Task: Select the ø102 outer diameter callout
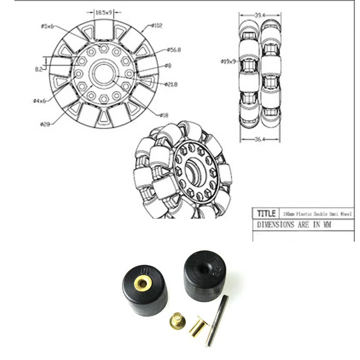pos(157,26)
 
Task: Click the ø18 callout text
pos(164,115)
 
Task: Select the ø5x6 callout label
pos(47,27)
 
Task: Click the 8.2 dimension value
pos(39,70)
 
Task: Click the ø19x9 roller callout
pos(229,61)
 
